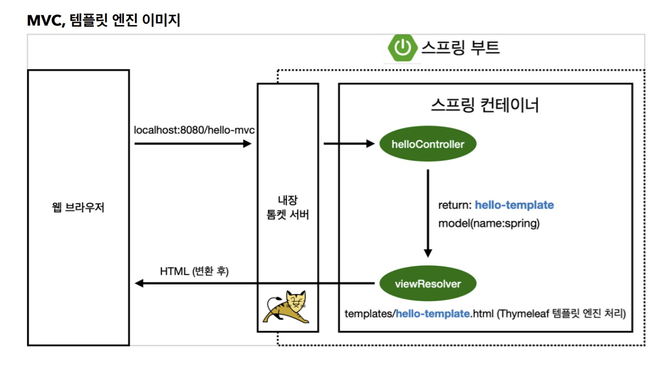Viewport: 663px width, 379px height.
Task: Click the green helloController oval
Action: (427, 144)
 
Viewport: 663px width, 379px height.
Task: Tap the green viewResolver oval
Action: (427, 284)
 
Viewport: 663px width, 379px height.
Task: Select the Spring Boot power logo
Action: (403, 48)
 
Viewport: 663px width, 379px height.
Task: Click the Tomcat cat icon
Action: (287, 307)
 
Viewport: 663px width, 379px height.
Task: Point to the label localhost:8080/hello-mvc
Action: (194, 131)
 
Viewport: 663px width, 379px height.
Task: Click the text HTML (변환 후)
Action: (194, 271)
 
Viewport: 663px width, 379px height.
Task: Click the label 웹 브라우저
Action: (78, 208)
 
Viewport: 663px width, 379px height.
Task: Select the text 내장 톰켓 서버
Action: (287, 207)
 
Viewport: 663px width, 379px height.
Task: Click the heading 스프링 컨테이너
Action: (485, 106)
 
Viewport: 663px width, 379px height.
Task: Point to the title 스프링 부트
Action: (460, 48)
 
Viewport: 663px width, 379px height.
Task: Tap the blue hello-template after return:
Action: (514, 205)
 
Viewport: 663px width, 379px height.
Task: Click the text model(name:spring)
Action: (488, 224)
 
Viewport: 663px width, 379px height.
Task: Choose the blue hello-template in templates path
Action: (433, 313)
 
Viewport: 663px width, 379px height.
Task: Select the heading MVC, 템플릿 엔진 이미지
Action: (103, 21)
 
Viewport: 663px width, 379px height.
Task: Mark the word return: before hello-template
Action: (454, 205)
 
